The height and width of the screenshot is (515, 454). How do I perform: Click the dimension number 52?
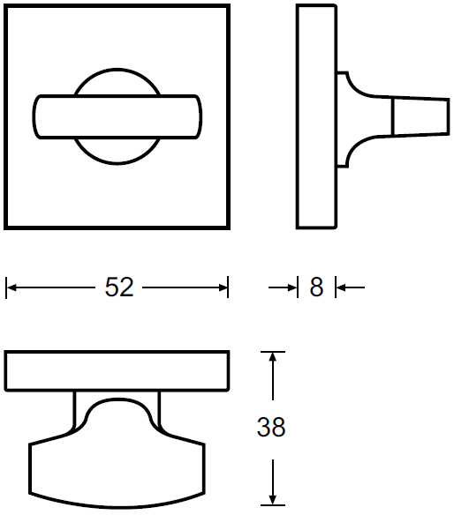[x=119, y=287]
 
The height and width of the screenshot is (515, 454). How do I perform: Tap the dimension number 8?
[x=316, y=287]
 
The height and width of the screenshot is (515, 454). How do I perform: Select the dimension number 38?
[x=271, y=427]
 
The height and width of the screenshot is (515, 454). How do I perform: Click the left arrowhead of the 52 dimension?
[x=11, y=287]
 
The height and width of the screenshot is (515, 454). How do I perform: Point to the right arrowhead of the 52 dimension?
[x=223, y=287]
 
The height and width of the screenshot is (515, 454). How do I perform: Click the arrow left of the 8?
[x=283, y=287]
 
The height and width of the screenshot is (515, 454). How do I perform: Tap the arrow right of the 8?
[x=351, y=287]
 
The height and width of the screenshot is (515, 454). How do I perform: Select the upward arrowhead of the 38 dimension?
[x=272, y=357]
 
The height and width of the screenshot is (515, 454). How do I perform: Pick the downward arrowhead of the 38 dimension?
[x=272, y=499]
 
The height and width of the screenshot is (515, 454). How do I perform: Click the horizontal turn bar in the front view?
[x=117, y=116]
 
